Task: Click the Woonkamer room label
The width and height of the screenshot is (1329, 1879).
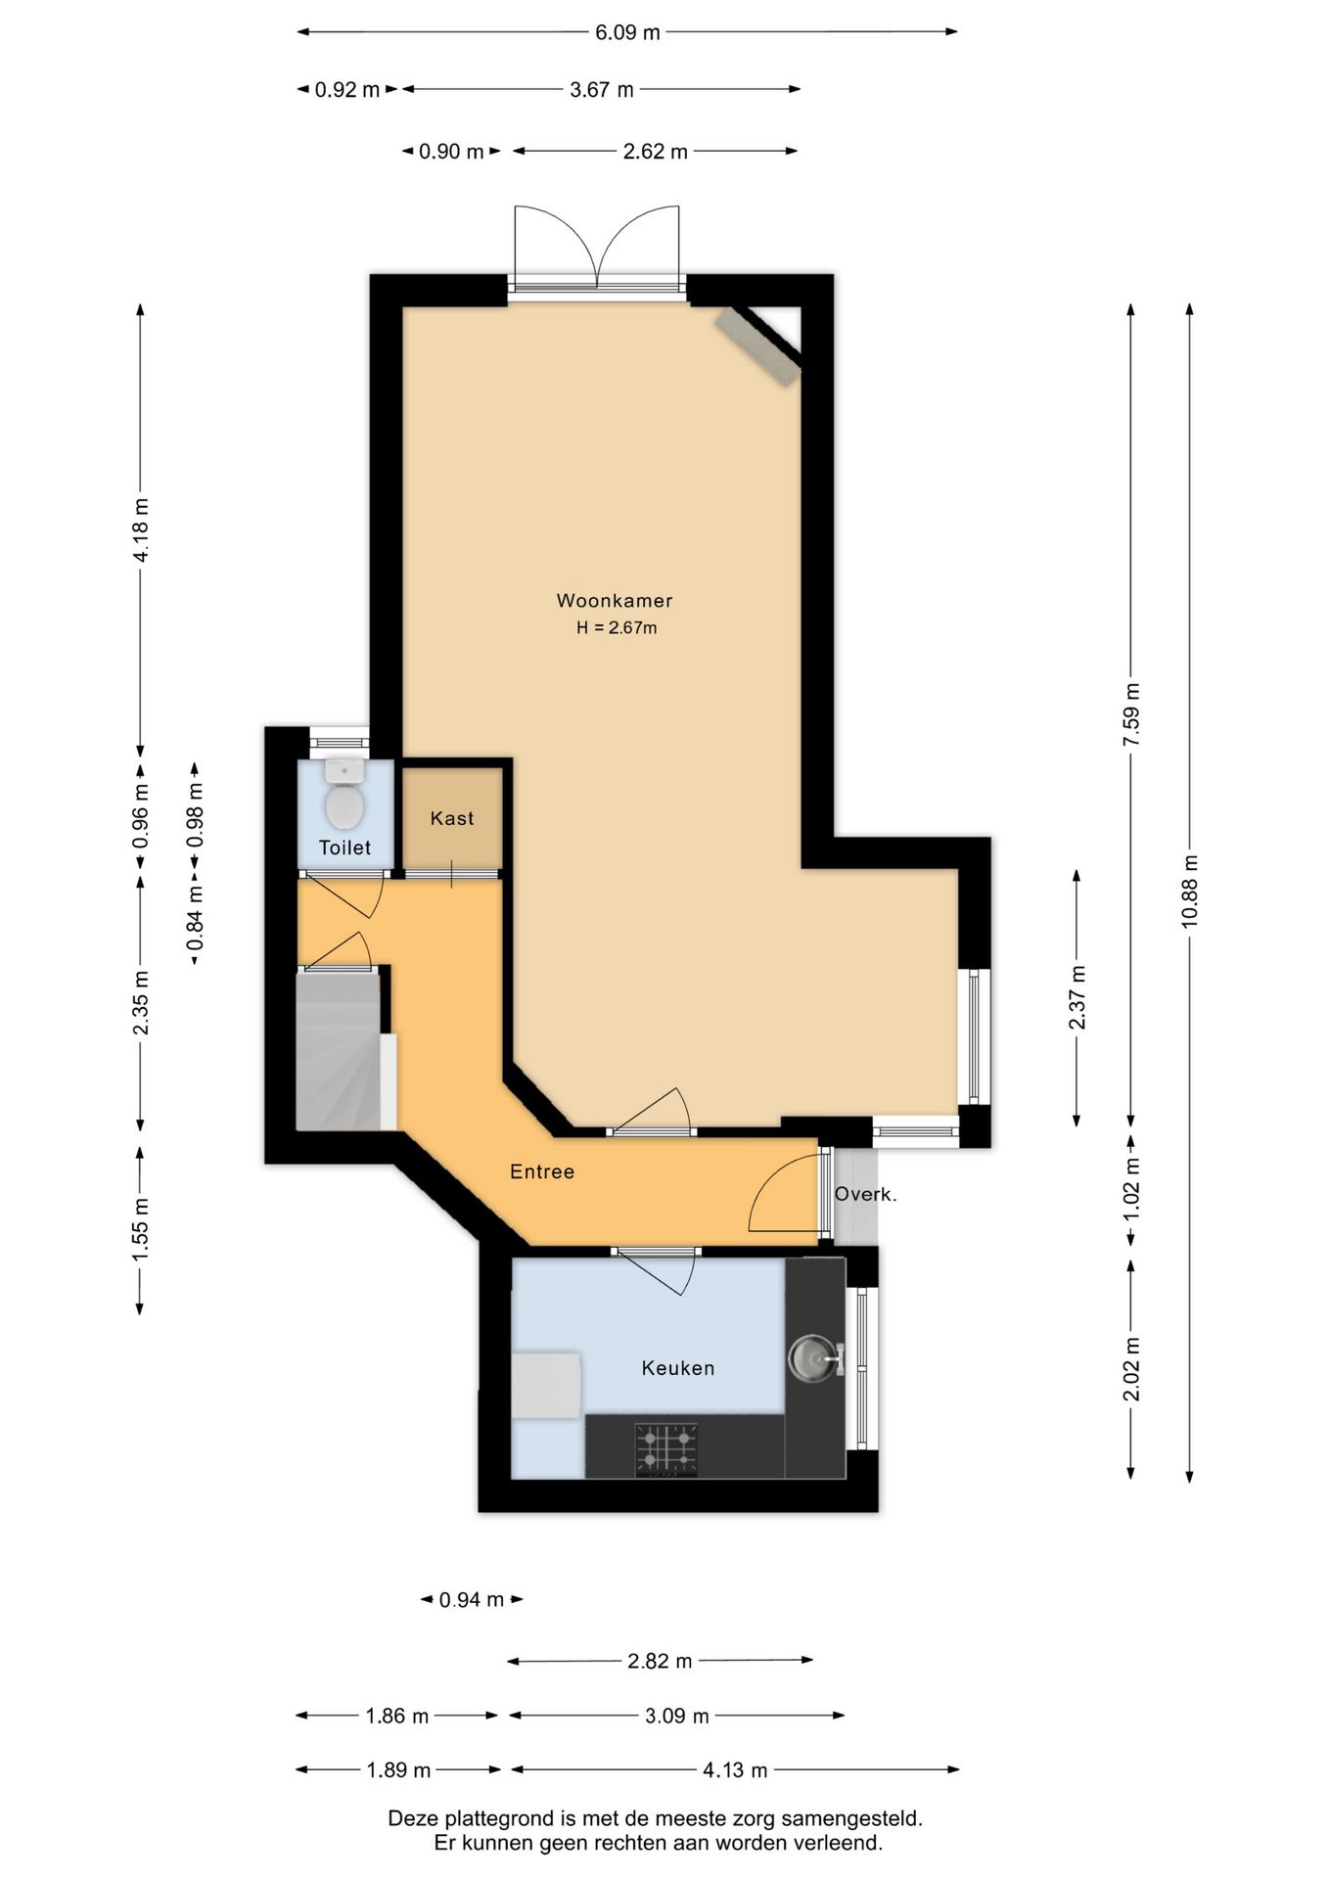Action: [615, 601]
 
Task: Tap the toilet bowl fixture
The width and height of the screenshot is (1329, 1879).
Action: [344, 795]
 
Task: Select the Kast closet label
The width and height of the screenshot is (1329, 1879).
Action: [452, 818]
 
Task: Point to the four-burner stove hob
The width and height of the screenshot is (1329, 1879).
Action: [666, 1449]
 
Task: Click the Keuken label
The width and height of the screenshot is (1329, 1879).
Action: [678, 1368]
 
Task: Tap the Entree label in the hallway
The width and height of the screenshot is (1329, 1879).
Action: [542, 1171]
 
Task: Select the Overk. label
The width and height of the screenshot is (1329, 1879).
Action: [865, 1194]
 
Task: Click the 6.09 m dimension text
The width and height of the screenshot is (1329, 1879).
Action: [627, 32]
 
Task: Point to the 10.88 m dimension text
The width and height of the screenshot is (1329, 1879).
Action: [1189, 891]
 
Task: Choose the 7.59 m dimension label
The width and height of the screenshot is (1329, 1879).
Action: [1131, 714]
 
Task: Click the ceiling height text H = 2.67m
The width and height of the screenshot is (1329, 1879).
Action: [617, 628]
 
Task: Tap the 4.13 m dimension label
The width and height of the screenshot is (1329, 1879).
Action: [735, 1769]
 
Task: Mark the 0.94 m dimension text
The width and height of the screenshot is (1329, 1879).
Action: [472, 1599]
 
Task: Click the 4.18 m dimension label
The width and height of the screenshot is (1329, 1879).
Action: [141, 530]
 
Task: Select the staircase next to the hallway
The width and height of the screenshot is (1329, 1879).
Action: [339, 1050]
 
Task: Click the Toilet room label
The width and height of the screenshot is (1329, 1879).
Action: [344, 848]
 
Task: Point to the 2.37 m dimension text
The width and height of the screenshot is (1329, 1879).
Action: [1077, 997]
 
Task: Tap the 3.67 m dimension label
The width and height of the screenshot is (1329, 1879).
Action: [602, 90]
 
